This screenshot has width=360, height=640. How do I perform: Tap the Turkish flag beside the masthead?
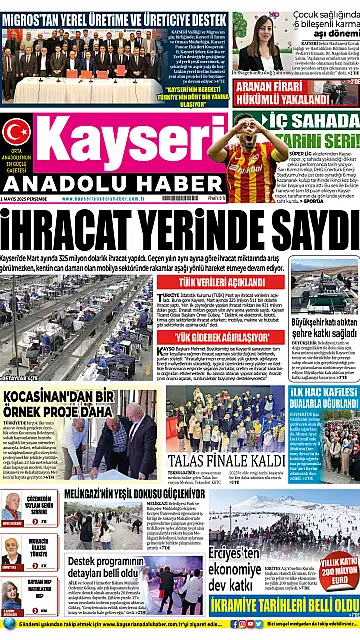(x=16, y=131)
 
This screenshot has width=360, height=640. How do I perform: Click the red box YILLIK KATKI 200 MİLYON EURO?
(x=337, y=572)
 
